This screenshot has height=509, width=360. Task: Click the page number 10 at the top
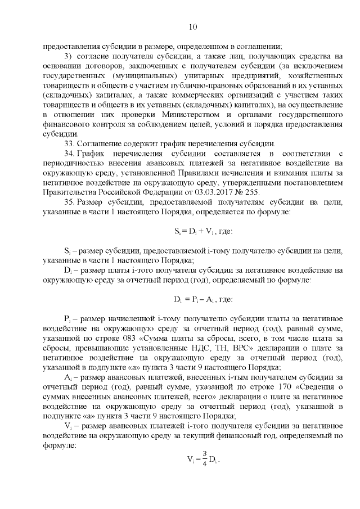[x=191, y=26]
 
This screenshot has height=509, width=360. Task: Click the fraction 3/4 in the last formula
[x=205, y=460]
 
